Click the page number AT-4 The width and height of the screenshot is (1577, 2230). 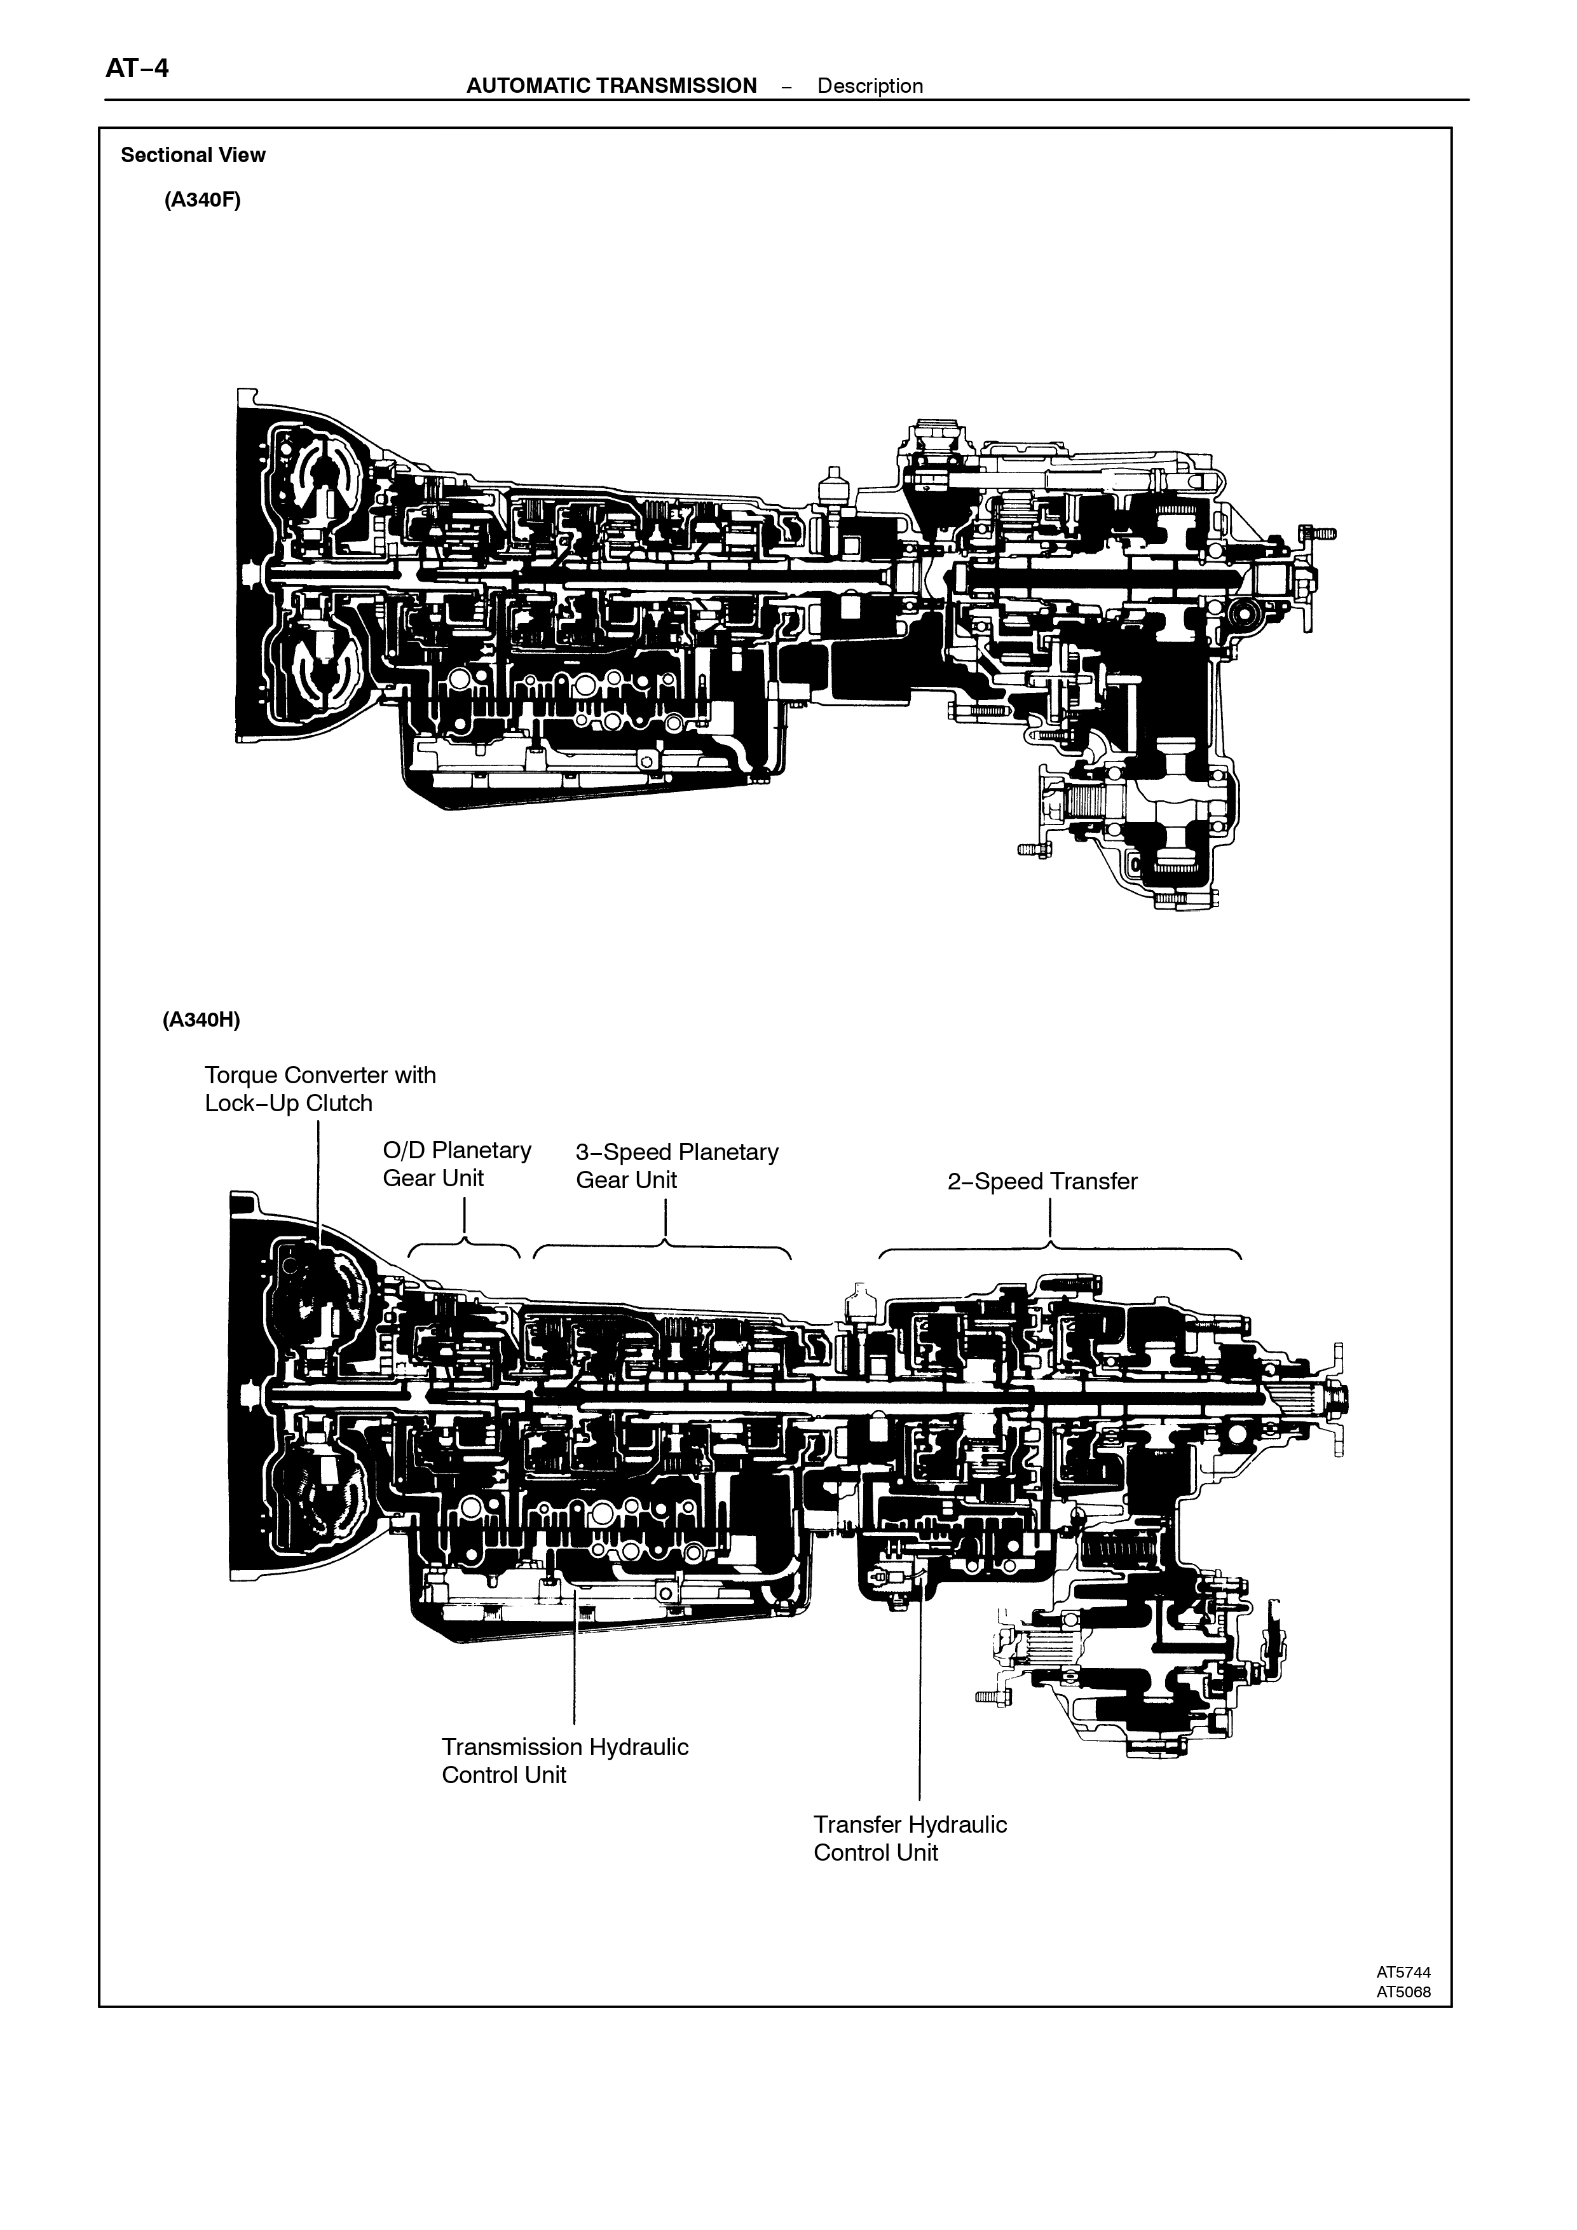point(137,68)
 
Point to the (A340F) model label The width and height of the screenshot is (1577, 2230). point(202,200)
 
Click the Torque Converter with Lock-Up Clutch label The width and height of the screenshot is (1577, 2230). point(320,1089)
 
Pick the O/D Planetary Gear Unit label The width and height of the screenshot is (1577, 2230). point(456,1163)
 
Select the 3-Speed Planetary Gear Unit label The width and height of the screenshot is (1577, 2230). point(677,1165)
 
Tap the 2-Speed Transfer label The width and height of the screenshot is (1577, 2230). point(1042,1181)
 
